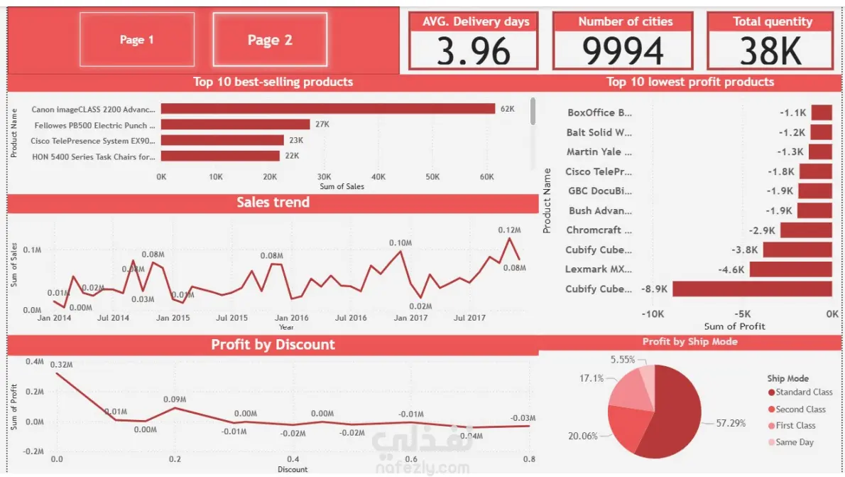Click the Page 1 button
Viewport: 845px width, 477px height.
tap(136, 40)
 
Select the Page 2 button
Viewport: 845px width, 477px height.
tap(270, 40)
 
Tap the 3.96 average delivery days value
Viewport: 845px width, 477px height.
tap(473, 51)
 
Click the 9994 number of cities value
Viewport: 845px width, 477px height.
tap(623, 51)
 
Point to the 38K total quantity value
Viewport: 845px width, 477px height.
tap(770, 51)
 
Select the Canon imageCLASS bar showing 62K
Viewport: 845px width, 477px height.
tap(327, 109)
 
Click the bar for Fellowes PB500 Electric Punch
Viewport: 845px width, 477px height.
tap(235, 124)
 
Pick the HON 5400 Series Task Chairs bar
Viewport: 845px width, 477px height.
tap(220, 156)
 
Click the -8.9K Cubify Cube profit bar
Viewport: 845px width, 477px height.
tap(752, 289)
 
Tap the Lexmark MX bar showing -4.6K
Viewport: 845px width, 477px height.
tap(790, 269)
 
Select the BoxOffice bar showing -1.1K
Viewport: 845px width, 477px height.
tap(822, 112)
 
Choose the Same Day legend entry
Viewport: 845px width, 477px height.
tap(794, 442)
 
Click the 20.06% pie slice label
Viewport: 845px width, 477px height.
tap(582, 436)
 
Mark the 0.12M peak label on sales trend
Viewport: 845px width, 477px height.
tap(509, 230)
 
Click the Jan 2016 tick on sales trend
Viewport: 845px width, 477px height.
tap(291, 318)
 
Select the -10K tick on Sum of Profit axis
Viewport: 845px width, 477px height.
tap(653, 313)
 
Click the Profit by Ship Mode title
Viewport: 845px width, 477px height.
tap(689, 342)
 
